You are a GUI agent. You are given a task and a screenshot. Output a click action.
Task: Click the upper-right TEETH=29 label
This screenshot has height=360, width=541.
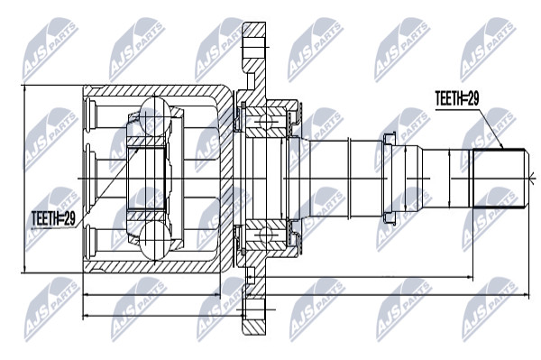[457, 98]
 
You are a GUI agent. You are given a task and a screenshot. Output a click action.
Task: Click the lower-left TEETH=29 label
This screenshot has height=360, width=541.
[53, 218]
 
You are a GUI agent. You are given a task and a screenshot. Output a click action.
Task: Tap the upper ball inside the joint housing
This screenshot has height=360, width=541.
[155, 113]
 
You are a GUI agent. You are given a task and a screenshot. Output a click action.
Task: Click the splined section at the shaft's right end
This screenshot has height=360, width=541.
[499, 178]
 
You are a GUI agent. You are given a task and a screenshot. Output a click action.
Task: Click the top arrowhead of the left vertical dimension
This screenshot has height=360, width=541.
[24, 89]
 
